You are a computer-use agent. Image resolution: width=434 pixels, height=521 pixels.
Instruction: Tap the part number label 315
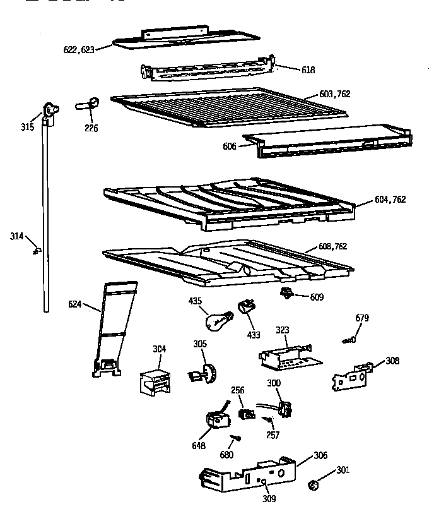click(x=26, y=127)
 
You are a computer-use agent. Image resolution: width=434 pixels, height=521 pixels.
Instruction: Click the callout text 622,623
click(x=79, y=49)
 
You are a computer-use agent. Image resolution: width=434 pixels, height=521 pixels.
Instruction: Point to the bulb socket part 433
click(x=245, y=309)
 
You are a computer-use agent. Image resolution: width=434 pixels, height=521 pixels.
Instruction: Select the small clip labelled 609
click(x=287, y=292)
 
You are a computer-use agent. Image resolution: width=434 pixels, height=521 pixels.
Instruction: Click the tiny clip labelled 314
click(x=36, y=251)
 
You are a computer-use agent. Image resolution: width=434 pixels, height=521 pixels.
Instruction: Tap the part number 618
click(x=308, y=70)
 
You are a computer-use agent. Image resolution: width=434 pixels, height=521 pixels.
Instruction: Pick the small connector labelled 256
click(x=246, y=413)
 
